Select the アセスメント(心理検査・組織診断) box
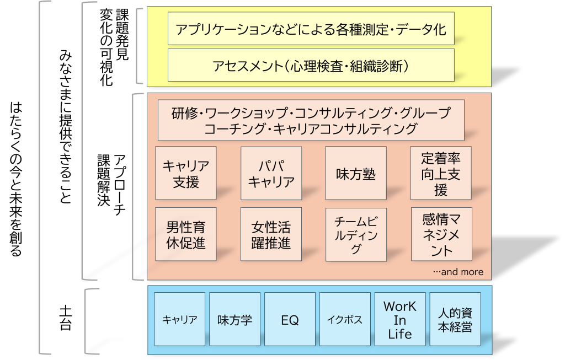(311, 66)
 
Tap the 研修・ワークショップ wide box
(311, 121)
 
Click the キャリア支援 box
(186, 173)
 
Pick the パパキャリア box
(271, 173)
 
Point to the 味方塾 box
(355, 173)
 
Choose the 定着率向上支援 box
(440, 173)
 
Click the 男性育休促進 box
(186, 234)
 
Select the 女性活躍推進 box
(271, 234)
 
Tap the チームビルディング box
(355, 234)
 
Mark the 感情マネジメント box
(440, 234)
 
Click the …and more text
(458, 272)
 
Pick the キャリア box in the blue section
(180, 319)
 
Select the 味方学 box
(234, 319)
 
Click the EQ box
(290, 319)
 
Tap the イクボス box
(344, 319)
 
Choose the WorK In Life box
(399, 319)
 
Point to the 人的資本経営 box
(455, 319)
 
